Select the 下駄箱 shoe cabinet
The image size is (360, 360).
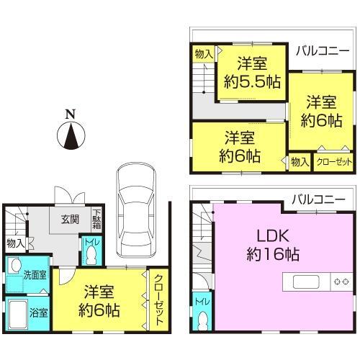coord(96,218)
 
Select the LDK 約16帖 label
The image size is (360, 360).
coord(269,244)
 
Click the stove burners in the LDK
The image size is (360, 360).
coord(339,282)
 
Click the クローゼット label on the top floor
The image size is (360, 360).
coord(334,162)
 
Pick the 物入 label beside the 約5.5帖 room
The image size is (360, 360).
coord(204,53)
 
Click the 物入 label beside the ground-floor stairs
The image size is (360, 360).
coord(14,244)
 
